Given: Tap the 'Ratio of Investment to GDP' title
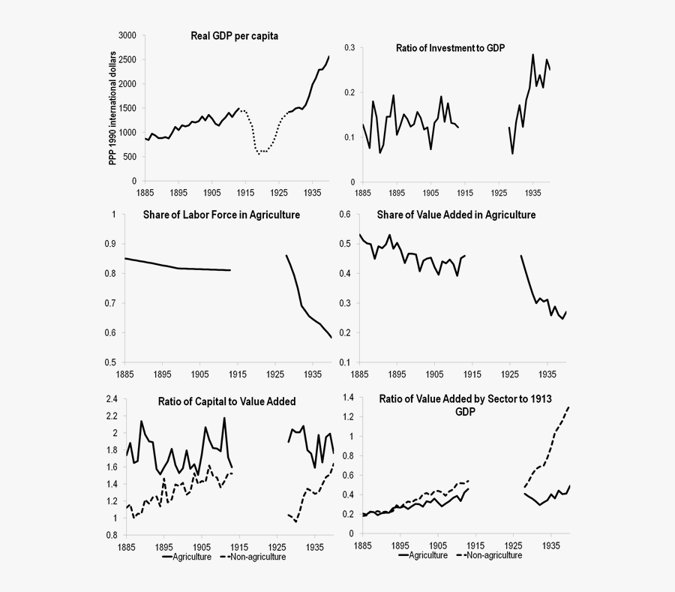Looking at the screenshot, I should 450,48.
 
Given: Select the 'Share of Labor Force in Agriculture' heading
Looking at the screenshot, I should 221,215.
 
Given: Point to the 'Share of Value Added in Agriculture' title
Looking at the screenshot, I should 457,215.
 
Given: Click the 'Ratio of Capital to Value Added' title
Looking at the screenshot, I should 226,401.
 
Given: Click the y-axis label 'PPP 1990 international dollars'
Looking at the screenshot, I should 114,108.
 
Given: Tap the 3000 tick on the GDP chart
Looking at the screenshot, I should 127,35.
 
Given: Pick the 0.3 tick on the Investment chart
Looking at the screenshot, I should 349,47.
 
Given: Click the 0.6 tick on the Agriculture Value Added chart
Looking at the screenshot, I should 346,215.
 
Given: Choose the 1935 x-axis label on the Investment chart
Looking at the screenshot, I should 532,193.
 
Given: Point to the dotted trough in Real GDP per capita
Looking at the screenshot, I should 259,153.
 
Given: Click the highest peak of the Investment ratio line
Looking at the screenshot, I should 533,55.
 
